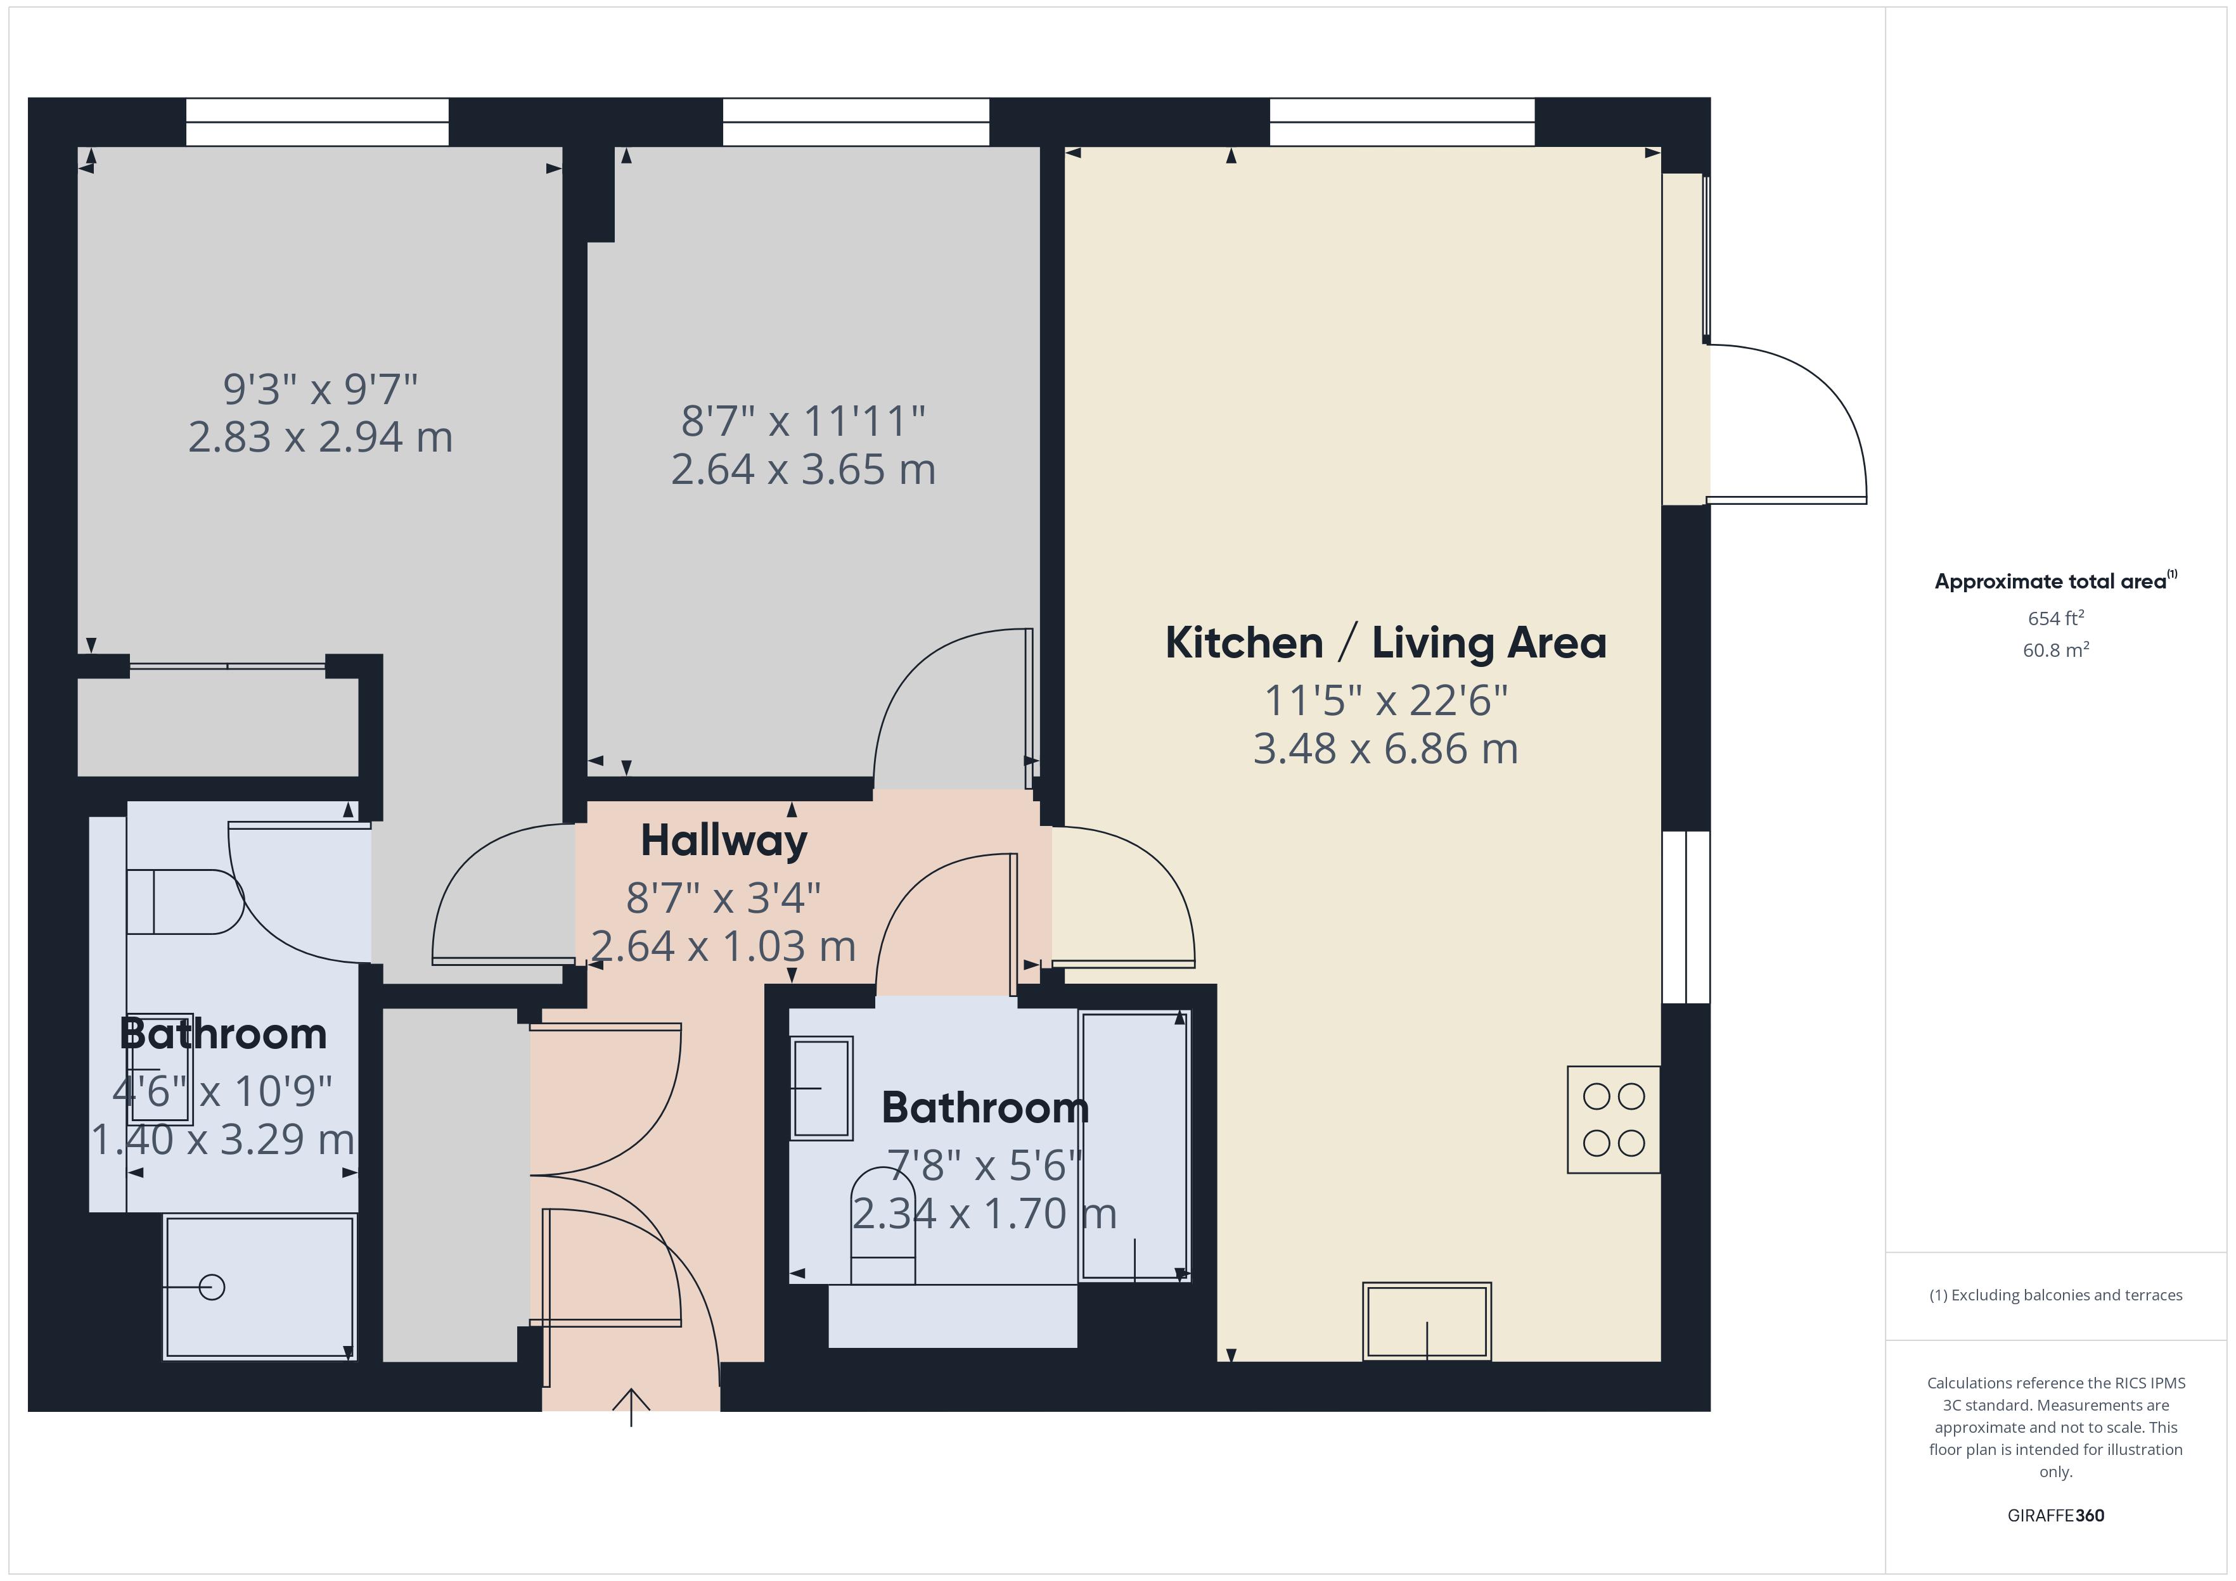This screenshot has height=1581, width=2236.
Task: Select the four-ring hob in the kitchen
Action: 1613,1119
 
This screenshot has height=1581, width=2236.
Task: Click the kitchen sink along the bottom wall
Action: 1427,1321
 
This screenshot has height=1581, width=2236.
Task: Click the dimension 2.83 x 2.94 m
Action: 321,437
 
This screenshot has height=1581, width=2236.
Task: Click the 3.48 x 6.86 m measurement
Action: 1385,749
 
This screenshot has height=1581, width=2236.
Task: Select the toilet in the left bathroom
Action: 185,903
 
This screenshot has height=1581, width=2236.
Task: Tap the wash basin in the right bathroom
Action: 822,1088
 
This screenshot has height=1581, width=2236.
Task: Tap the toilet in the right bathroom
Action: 883,1227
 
